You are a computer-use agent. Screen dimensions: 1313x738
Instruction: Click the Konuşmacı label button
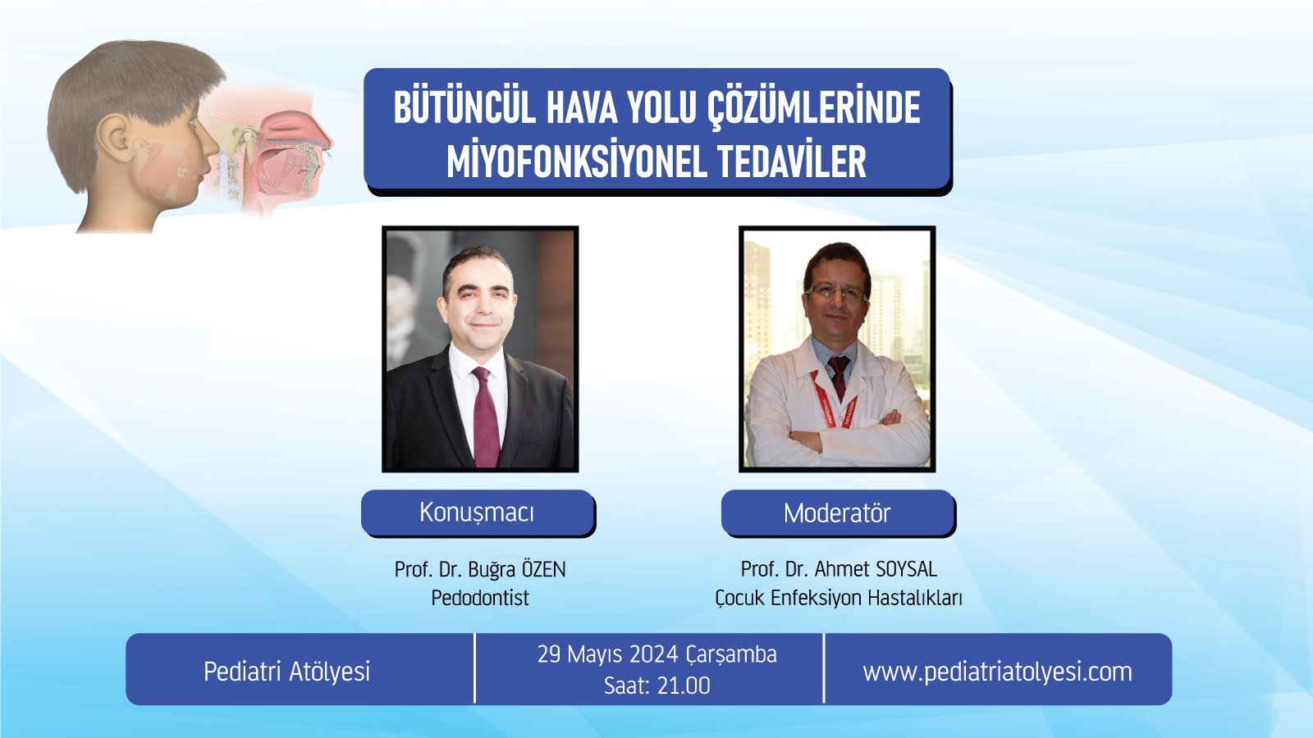(x=478, y=512)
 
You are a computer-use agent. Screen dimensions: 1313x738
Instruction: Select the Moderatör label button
(x=838, y=513)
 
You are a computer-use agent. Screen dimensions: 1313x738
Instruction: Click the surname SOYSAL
(x=906, y=569)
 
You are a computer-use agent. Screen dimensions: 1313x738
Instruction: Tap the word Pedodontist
(x=480, y=598)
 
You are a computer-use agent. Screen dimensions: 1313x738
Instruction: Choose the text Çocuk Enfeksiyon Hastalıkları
(x=838, y=599)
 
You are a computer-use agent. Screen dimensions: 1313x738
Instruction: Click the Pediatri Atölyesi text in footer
(x=286, y=672)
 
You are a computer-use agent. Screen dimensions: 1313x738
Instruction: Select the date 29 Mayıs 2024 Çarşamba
(x=657, y=655)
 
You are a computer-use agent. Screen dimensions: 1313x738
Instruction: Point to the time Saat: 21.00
(x=657, y=686)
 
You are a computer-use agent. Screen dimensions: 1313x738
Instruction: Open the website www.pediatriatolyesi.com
(x=997, y=672)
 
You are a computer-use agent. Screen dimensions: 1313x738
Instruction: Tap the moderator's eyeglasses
(x=836, y=292)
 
